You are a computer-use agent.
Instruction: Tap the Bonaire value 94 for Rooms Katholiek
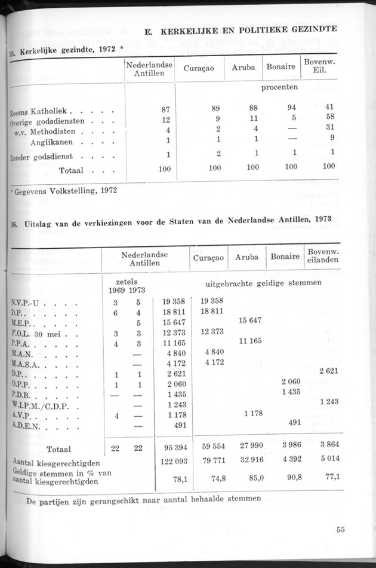[x=291, y=108]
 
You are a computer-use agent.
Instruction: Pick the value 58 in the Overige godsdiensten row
[x=329, y=118]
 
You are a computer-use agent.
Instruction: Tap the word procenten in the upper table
[x=279, y=87]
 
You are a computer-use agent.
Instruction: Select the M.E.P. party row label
[x=24, y=320]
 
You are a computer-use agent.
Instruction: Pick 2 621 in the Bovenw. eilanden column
[x=329, y=371]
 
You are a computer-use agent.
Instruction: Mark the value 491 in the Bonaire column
[x=293, y=422]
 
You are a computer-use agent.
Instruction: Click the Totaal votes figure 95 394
[x=175, y=448]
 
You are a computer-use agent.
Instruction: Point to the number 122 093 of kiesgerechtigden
[x=173, y=462]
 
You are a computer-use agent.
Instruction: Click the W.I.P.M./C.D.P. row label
[x=39, y=405]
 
